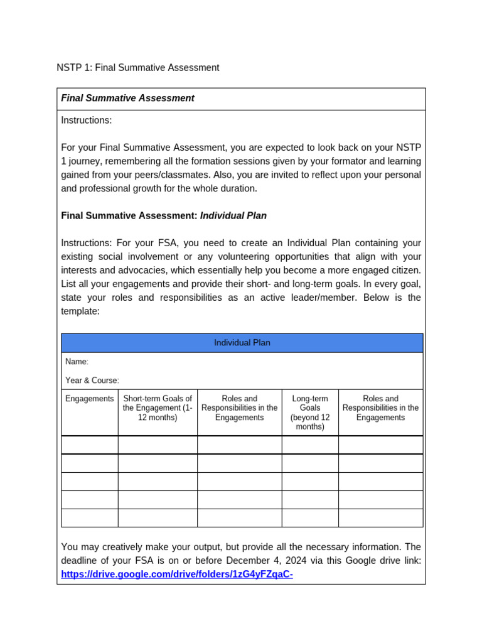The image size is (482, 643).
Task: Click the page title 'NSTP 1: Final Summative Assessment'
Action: [x=138, y=67]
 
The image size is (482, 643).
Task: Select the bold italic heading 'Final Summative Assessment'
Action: [x=127, y=98]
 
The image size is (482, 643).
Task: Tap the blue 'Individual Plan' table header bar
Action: [x=242, y=343]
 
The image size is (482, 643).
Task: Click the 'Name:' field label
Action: [x=77, y=362]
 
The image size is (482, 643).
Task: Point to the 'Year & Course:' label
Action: [x=92, y=380]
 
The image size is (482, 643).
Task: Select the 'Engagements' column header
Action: [x=90, y=399]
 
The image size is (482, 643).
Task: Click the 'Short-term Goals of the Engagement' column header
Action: [x=158, y=408]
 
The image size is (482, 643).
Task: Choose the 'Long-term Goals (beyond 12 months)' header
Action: [x=310, y=413]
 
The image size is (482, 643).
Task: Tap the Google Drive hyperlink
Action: [x=177, y=574]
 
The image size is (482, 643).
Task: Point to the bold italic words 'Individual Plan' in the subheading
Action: [x=233, y=215]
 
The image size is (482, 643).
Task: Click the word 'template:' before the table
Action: [x=80, y=311]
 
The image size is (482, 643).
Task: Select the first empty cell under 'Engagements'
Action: [x=90, y=445]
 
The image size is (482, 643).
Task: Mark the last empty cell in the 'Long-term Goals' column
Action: [x=310, y=518]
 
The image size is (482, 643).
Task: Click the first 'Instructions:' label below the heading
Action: [x=87, y=120]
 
